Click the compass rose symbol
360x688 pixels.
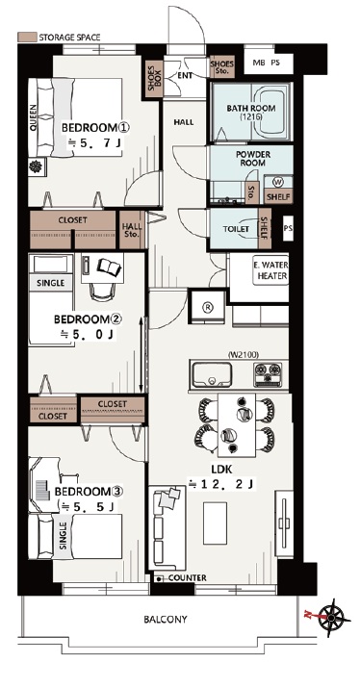(x=331, y=618)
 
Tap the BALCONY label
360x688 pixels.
(x=166, y=620)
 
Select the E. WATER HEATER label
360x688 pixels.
(x=270, y=271)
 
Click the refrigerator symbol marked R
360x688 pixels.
(x=207, y=307)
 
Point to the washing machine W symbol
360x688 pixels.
(x=278, y=182)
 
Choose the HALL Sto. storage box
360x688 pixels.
(x=132, y=230)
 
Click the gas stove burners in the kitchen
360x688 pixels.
(x=269, y=374)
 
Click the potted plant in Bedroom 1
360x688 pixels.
(x=37, y=167)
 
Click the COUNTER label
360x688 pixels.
(x=187, y=578)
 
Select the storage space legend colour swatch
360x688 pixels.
(x=27, y=37)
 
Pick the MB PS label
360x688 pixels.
(x=266, y=63)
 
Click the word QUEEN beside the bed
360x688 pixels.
(x=34, y=117)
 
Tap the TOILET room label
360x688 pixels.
(x=236, y=229)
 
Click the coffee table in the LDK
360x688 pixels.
(x=215, y=523)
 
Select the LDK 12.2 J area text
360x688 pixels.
(x=221, y=477)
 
